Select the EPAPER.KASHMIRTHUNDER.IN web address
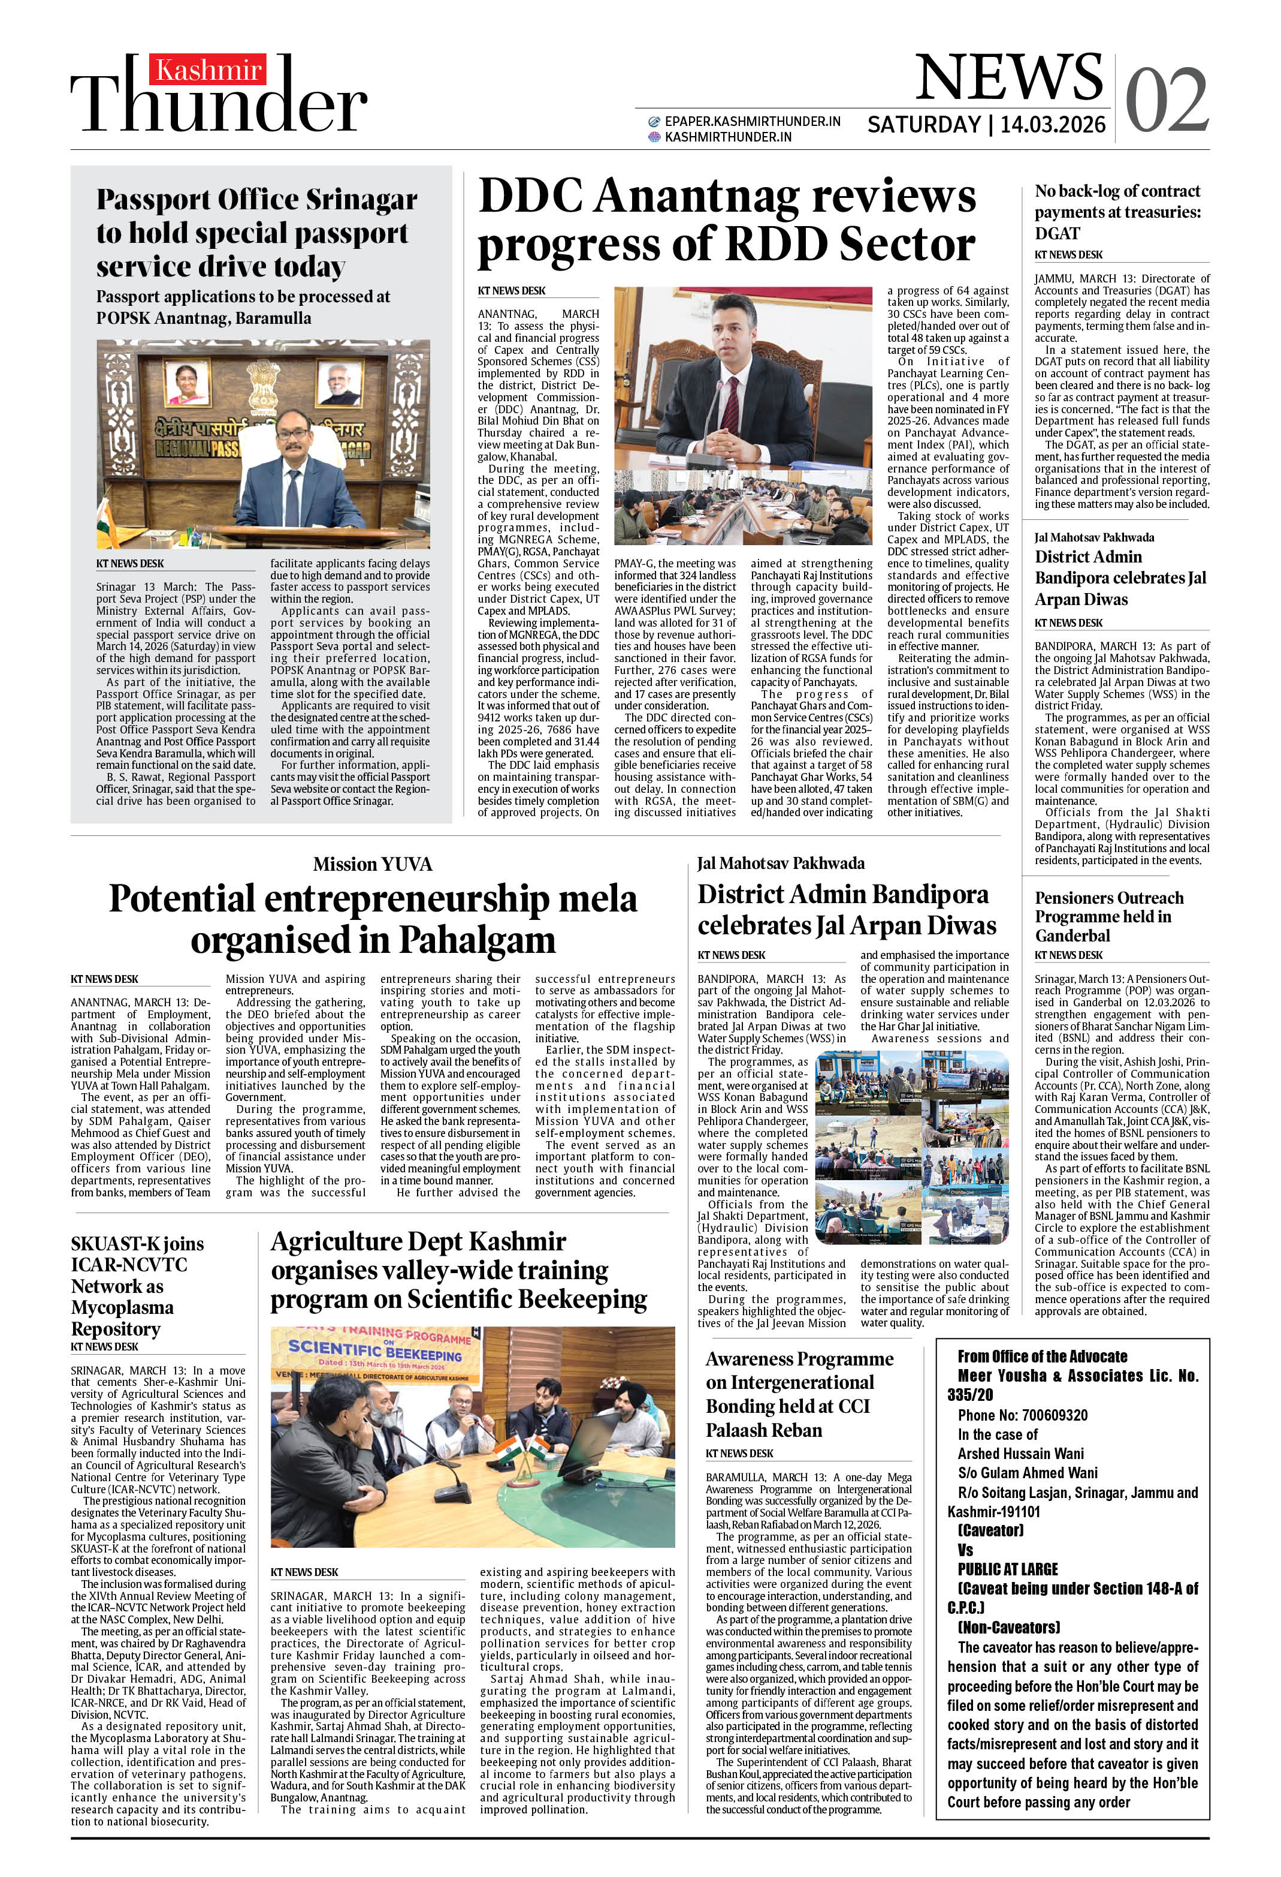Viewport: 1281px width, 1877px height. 751,121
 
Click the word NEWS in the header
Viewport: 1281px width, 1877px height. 1008,79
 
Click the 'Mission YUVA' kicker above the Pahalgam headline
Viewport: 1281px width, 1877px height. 372,864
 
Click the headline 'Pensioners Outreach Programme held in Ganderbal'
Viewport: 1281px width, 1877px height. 1109,917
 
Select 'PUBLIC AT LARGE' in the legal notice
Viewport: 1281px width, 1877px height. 1007,1569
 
